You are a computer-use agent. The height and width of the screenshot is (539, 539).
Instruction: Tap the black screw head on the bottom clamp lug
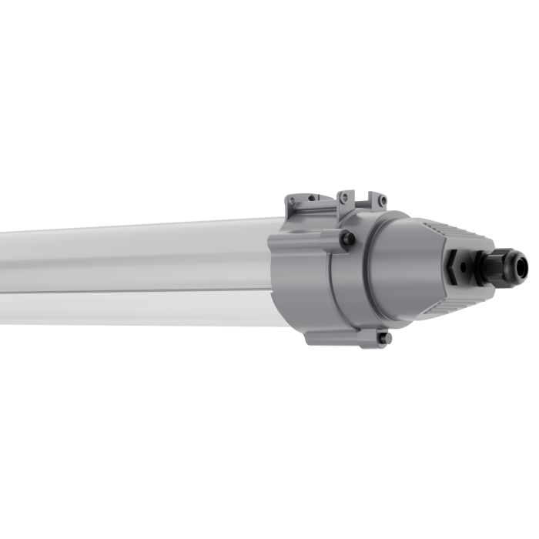tap(383, 338)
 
